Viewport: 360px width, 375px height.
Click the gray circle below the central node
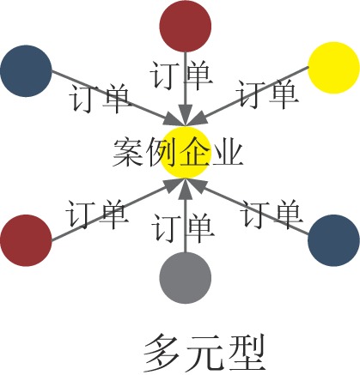coord(186,277)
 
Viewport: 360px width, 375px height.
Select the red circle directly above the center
coord(186,26)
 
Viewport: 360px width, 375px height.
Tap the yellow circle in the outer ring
coord(333,68)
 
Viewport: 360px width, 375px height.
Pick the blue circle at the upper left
coord(26,71)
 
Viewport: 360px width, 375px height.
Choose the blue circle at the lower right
coord(333,240)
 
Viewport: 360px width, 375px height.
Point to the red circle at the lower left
coord(26,240)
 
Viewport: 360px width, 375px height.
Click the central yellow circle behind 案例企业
coord(186,153)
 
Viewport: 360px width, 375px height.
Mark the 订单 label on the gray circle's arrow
coord(183,227)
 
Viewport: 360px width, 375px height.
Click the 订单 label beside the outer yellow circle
coord(267,94)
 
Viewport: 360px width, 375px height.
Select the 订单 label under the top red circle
coord(181,75)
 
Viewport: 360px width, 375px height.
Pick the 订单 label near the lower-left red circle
coord(97,215)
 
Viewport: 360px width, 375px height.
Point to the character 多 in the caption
coord(160,353)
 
